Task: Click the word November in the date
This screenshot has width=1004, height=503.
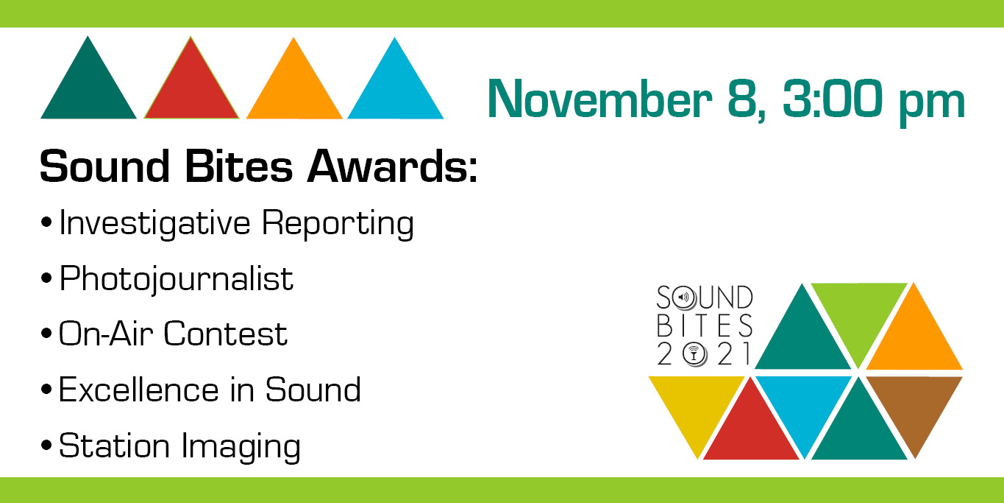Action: tap(599, 99)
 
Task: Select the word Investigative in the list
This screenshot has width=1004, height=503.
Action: tap(154, 223)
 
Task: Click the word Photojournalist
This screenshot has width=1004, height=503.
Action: tap(176, 278)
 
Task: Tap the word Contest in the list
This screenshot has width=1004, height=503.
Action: tap(226, 334)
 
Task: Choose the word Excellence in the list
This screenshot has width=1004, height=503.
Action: tap(139, 390)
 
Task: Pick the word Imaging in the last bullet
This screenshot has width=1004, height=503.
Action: tap(241, 447)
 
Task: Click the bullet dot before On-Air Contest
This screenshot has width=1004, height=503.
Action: tap(46, 334)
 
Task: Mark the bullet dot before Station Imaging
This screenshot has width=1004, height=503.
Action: tap(46, 445)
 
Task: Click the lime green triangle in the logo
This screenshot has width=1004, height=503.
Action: tap(859, 314)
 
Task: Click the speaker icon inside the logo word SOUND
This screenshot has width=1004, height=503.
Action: tap(684, 298)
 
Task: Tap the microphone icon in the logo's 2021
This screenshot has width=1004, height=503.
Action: tap(694, 354)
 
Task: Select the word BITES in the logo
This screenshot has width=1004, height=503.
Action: tap(705, 326)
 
